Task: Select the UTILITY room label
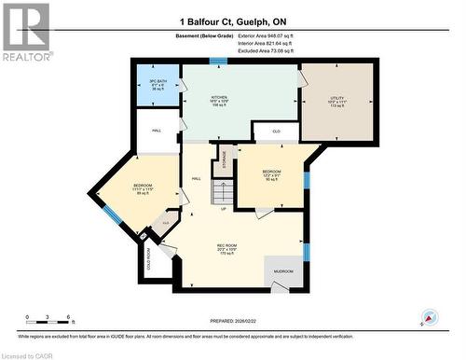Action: [x=336, y=101]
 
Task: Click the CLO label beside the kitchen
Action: [x=277, y=132]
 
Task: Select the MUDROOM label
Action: [x=282, y=271]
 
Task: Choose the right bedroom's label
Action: [x=271, y=175]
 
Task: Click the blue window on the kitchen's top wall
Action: [x=218, y=62]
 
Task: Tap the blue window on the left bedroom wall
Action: [x=112, y=215]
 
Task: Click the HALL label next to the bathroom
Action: [x=156, y=132]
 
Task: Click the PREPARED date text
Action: [x=232, y=314]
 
